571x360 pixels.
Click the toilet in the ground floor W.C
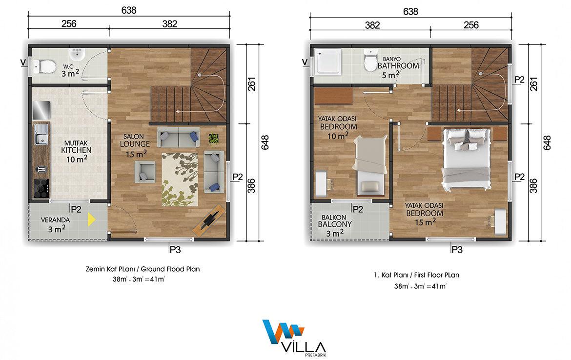(44, 67)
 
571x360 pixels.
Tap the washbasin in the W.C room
(77, 54)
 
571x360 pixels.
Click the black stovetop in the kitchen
(41, 189)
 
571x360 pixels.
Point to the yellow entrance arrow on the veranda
(91, 220)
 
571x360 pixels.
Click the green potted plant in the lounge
(213, 139)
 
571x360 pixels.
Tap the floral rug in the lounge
(180, 180)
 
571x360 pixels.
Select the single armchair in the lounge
(145, 172)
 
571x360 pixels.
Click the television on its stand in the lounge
(209, 220)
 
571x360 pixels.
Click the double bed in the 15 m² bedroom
(466, 159)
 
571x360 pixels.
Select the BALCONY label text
(335, 224)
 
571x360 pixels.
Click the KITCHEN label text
(76, 150)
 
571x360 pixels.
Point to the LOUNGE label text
(135, 144)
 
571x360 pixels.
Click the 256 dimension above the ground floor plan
(69, 24)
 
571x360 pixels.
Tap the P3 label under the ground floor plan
(175, 250)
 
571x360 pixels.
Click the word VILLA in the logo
(304, 347)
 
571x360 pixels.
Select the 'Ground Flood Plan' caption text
(170, 269)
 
